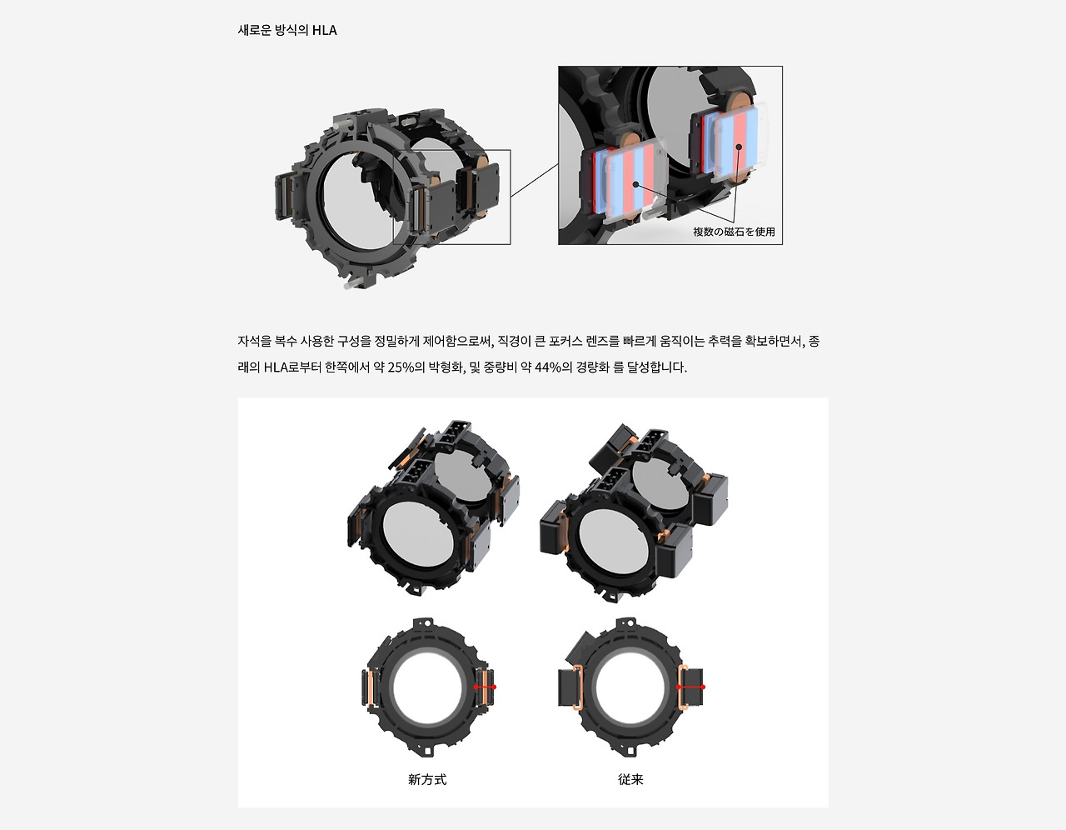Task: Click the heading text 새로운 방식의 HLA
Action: point(287,31)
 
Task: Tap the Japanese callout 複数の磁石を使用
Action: point(734,232)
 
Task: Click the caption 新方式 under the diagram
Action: point(427,779)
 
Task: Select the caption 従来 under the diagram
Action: point(630,779)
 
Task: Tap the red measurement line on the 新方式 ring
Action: point(485,687)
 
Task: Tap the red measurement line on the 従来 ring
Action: point(690,687)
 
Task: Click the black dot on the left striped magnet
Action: point(635,184)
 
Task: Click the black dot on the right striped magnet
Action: point(739,147)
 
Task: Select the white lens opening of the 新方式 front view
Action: point(427,687)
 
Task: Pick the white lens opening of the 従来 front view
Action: point(630,687)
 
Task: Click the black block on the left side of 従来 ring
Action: point(565,687)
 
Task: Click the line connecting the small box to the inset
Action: point(534,180)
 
